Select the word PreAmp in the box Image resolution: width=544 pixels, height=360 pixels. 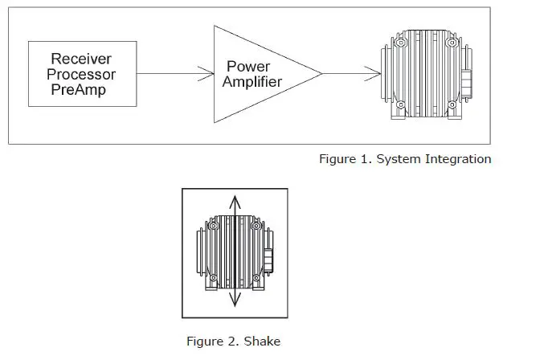77,90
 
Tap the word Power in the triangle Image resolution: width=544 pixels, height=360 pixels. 248,66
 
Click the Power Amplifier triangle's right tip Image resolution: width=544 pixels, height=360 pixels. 321,74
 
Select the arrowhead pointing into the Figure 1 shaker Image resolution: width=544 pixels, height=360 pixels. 376,74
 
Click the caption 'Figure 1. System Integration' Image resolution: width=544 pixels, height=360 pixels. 404,158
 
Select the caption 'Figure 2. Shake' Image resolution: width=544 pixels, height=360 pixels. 234,342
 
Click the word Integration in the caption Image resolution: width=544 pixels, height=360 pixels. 459,158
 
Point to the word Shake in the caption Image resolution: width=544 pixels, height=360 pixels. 264,342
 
